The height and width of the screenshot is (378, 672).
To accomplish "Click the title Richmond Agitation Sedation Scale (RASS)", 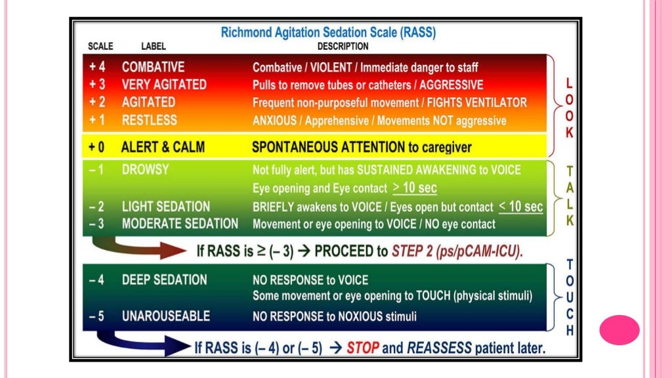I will tap(328, 32).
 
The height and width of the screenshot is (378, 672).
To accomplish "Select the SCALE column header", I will tap(100, 47).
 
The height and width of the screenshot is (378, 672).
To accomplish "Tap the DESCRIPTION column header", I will tap(343, 47).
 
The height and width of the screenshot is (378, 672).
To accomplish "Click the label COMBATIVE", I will tap(153, 67).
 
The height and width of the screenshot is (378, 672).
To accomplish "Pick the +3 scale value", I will tap(97, 85).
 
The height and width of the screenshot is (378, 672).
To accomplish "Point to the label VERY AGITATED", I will tap(164, 85).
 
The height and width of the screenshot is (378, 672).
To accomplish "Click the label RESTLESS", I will tap(149, 120).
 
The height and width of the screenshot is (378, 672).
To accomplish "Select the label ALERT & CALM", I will tap(163, 146).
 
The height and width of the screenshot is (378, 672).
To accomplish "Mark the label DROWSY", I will tap(145, 169).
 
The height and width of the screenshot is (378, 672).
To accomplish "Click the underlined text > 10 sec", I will tap(415, 188).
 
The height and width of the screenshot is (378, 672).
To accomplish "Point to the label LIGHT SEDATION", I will tap(166, 207).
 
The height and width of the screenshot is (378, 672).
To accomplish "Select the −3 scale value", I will tap(96, 224).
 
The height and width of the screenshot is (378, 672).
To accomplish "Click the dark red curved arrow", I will tap(138, 249).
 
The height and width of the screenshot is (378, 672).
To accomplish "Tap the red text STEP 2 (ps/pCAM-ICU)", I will tap(457, 251).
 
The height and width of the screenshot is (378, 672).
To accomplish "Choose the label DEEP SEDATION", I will tap(164, 280).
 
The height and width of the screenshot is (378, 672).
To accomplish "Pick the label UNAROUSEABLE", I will tap(166, 316).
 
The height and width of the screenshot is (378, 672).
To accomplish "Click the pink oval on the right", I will tap(619, 329).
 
